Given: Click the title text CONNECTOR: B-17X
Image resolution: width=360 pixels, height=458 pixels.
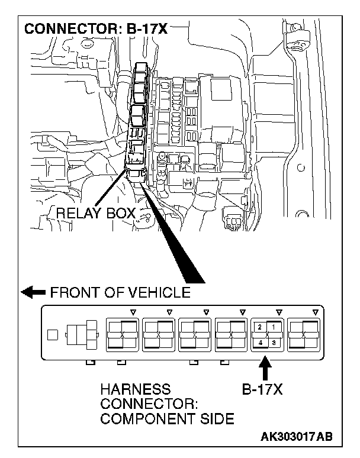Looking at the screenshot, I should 95,29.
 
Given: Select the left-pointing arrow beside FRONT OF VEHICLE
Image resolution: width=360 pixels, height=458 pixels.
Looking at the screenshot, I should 33,292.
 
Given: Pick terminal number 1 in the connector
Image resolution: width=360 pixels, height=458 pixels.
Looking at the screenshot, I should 274,326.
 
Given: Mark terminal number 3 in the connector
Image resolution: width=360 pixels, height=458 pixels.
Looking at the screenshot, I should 274,343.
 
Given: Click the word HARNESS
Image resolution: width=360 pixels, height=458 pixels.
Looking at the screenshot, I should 135,389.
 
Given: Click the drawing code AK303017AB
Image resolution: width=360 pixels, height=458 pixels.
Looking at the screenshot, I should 296,437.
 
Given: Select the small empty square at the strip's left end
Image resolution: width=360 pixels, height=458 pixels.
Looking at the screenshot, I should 53,335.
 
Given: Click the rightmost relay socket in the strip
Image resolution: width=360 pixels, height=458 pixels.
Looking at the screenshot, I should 303,334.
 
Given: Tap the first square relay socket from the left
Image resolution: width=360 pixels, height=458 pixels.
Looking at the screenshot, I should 122,334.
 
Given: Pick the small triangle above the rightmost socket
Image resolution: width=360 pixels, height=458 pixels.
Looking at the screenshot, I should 315,311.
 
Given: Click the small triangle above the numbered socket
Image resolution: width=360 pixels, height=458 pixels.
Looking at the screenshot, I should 279,311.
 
